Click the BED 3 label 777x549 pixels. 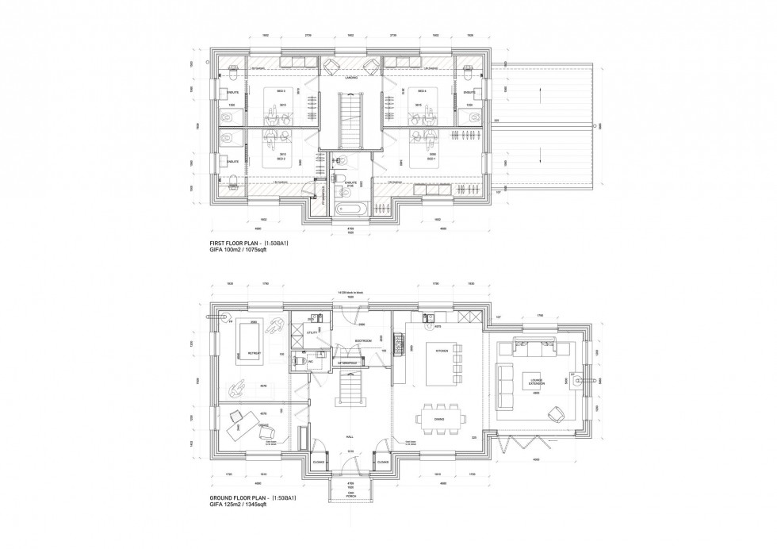(281, 91)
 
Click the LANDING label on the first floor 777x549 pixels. (351, 78)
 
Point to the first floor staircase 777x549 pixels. (350, 120)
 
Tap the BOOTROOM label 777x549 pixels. (363, 341)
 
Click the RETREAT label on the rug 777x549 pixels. (255, 351)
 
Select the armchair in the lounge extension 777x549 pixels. (554, 413)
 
